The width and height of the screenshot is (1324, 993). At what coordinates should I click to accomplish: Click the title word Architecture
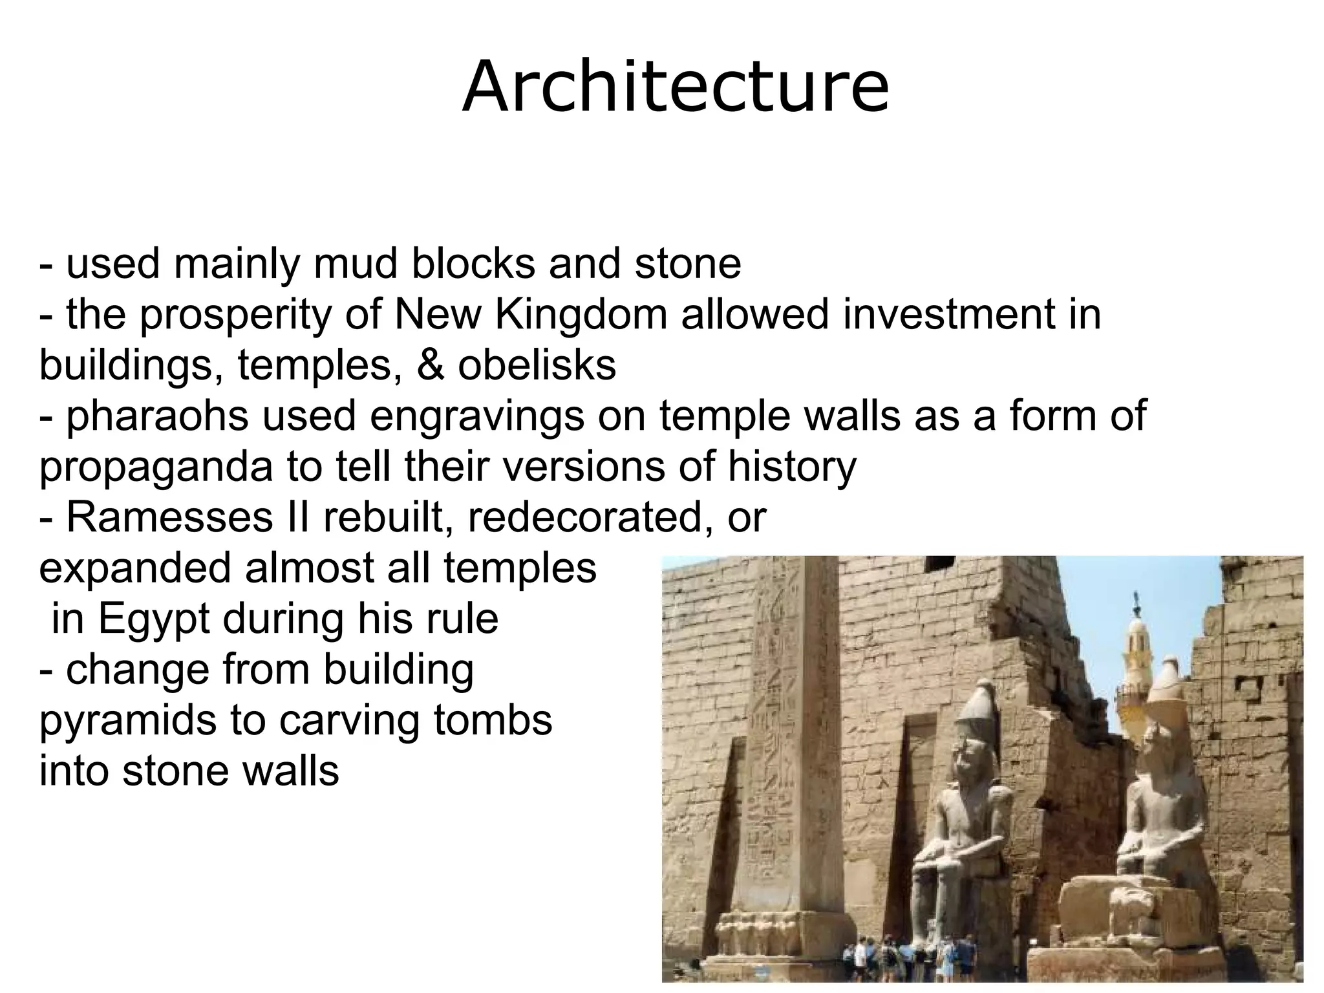click(x=675, y=87)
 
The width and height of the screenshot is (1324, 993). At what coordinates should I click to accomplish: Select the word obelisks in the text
click(x=537, y=365)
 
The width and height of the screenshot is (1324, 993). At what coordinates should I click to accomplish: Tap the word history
click(x=792, y=467)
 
